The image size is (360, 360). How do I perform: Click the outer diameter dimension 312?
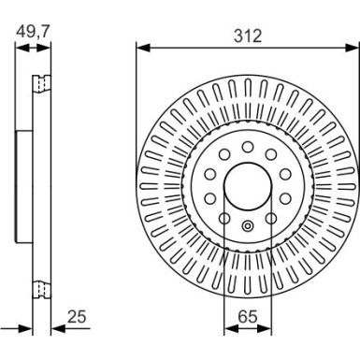tap(248, 36)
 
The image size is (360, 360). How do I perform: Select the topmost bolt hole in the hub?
tap(248, 146)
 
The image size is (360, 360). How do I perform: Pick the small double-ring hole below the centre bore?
tap(248, 225)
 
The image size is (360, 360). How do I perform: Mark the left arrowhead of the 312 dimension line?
tap(141, 47)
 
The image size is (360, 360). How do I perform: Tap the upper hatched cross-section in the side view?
tap(39, 84)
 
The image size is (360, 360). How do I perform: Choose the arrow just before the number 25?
tap(56, 328)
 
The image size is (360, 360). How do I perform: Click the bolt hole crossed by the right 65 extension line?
tap(268, 217)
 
